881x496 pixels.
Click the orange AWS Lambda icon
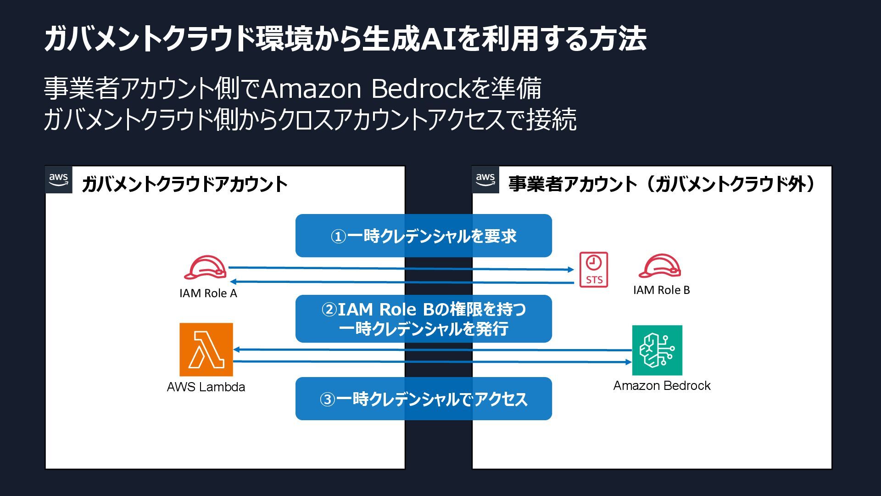click(206, 349)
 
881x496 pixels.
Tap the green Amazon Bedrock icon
click(657, 350)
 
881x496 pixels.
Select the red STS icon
click(594, 270)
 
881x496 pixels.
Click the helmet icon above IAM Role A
click(205, 268)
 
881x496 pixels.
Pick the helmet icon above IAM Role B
click(660, 266)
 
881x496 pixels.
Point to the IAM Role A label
click(208, 293)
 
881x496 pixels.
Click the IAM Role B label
click(661, 290)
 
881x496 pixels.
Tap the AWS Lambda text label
click(206, 387)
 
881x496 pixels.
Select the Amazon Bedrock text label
click(662, 386)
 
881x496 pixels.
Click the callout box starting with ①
click(424, 236)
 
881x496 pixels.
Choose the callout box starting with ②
click(424, 319)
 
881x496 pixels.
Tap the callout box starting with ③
click(424, 399)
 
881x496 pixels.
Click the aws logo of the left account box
click(59, 180)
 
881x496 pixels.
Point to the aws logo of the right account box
click(485, 180)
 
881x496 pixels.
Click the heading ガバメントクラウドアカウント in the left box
click(184, 184)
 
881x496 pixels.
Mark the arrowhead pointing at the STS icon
click(571, 270)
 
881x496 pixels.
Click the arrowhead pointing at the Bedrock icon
click(629, 362)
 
